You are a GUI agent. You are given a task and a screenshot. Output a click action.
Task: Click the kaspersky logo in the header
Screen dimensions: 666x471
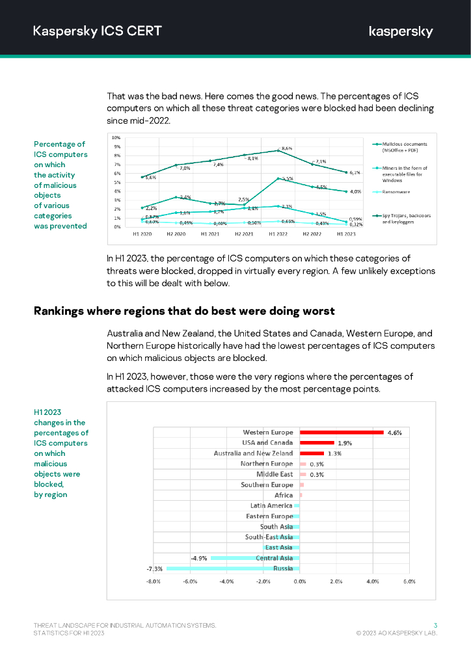(401, 31)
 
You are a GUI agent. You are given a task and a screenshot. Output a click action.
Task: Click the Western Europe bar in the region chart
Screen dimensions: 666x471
(342, 432)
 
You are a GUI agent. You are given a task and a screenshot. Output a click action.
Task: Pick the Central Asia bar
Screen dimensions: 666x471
(255, 558)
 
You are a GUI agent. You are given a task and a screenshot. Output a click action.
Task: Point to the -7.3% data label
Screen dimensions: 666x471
(154, 568)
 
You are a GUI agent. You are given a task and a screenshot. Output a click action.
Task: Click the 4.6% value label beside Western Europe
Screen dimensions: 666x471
(394, 433)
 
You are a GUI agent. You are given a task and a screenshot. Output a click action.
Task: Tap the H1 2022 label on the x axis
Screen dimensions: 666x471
(278, 232)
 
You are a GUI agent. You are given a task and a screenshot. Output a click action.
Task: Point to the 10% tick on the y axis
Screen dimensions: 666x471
(116, 138)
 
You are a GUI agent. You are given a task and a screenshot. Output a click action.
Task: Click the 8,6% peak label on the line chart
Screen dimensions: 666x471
(286, 149)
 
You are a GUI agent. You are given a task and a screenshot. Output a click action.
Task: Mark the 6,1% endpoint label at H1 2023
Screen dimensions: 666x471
(355, 172)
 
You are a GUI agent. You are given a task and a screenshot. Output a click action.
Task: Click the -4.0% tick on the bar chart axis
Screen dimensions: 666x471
(226, 581)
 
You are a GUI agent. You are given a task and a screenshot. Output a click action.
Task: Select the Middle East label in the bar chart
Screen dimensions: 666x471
(275, 474)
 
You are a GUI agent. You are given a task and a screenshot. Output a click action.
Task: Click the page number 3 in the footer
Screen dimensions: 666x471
(435, 625)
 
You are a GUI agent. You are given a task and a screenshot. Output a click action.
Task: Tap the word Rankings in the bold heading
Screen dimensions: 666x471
(59, 310)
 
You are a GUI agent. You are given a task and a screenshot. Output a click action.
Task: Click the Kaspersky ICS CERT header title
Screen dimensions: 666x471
(98, 31)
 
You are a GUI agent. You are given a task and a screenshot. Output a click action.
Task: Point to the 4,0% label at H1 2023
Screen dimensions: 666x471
(355, 191)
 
